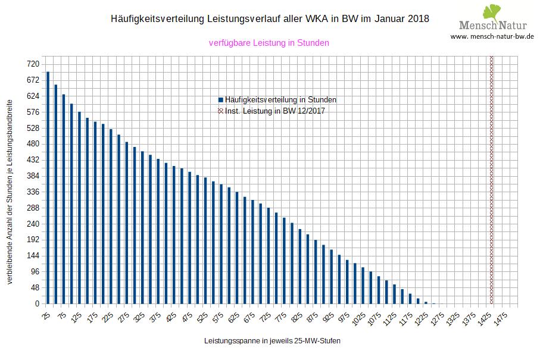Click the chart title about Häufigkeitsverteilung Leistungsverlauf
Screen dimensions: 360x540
click(270, 19)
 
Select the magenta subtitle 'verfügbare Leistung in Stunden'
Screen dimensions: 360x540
click(269, 43)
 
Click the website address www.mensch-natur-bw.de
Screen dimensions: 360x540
click(492, 36)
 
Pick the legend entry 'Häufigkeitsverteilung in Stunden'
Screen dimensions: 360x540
click(280, 100)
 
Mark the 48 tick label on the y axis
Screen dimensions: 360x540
click(34, 287)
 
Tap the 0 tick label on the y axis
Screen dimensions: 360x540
click(36, 303)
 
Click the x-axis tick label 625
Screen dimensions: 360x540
click(234, 318)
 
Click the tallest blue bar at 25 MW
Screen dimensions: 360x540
click(48, 187)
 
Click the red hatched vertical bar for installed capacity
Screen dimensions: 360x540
click(491, 179)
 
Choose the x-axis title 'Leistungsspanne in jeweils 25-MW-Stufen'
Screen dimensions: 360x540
click(272, 341)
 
